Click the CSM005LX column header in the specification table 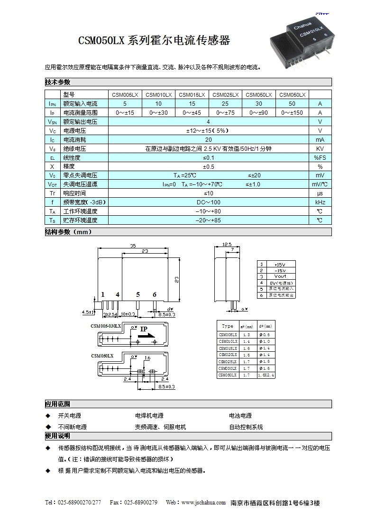click(x=125, y=95)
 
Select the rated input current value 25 click(x=225, y=104)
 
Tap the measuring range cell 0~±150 click(x=292, y=113)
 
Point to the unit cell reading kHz click(x=320, y=202)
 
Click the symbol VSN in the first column click(x=53, y=122)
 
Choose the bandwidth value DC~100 click(x=208, y=202)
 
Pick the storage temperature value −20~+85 click(x=208, y=220)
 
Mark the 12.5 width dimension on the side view click(x=227, y=245)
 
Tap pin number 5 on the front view click(x=138, y=294)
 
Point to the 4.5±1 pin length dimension click(x=88, y=312)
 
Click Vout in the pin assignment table click(x=280, y=276)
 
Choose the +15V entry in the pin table click(x=280, y=264)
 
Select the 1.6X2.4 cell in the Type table click(x=266, y=375)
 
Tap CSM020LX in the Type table click(x=228, y=355)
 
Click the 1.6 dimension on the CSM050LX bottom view click(x=147, y=357)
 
